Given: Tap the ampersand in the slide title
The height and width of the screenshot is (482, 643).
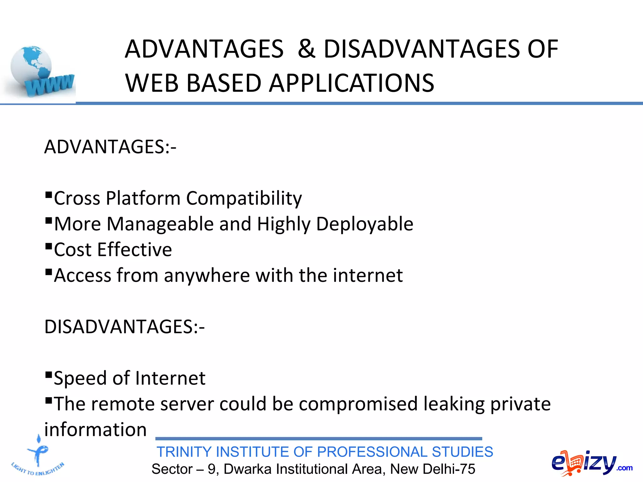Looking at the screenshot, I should click(306, 49).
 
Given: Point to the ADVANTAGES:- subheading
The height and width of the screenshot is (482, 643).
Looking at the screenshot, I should click(110, 147).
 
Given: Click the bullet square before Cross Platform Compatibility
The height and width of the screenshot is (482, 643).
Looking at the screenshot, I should click(48, 195).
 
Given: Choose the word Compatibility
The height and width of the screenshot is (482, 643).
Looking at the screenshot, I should click(244, 198).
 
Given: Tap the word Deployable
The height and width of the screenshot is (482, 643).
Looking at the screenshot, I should click(365, 224).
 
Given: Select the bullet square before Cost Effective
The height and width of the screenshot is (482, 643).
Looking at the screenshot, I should click(48, 246).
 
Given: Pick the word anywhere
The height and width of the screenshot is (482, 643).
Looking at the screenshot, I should click(207, 276).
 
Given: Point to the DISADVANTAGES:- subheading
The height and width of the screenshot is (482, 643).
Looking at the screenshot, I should click(124, 327).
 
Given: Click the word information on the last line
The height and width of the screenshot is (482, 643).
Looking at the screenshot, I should click(95, 430).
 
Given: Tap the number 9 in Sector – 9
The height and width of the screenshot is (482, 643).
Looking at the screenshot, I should click(212, 469).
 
